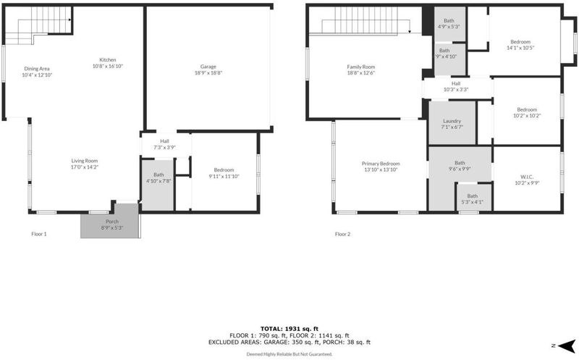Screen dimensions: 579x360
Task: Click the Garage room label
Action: pyautogui.click(x=208, y=67)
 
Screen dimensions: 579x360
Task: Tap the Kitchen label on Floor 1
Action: pyautogui.click(x=107, y=60)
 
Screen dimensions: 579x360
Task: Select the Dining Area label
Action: pyautogui.click(x=37, y=69)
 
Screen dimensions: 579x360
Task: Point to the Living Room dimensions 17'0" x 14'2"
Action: pyautogui.click(x=85, y=167)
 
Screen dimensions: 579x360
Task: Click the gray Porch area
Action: pyautogui.click(x=110, y=221)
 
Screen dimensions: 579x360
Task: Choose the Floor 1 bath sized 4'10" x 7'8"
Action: pyautogui.click(x=158, y=185)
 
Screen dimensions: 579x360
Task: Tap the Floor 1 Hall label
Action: pyautogui.click(x=165, y=141)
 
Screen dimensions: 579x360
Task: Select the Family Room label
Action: pyautogui.click(x=360, y=67)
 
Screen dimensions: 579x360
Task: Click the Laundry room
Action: pyautogui.click(x=452, y=123)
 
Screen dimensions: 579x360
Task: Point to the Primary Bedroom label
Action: pyautogui.click(x=381, y=164)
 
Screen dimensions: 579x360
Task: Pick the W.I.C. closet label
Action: pyautogui.click(x=528, y=177)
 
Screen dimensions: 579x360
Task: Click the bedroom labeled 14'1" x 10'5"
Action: pyautogui.click(x=520, y=44)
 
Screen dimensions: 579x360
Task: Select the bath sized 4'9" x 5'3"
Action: pyautogui.click(x=449, y=24)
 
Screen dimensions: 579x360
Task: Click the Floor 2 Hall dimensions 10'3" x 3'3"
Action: pyautogui.click(x=456, y=89)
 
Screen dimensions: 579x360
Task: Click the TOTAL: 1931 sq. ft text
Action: pyautogui.click(x=289, y=329)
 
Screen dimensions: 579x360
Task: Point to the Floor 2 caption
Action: pyautogui.click(x=342, y=234)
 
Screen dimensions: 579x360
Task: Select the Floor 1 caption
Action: pyautogui.click(x=39, y=234)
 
